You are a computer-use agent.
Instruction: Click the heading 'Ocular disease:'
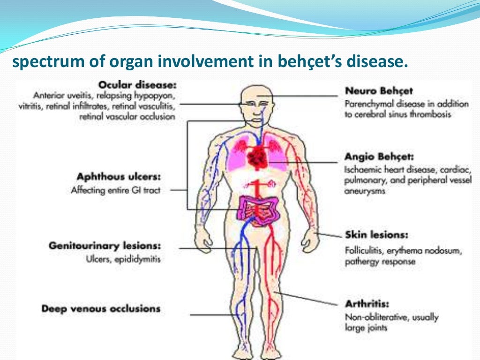(137, 85)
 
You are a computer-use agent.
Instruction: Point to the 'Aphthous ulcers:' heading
(119, 177)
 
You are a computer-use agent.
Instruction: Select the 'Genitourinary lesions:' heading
(105, 246)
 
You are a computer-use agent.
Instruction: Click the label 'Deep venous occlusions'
(101, 309)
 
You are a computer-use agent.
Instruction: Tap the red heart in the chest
(256, 155)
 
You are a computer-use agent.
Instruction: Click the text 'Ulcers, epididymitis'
(123, 259)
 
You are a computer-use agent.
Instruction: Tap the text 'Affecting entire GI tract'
(116, 190)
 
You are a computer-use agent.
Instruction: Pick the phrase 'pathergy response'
(380, 262)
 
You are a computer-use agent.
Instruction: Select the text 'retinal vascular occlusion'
(127, 117)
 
